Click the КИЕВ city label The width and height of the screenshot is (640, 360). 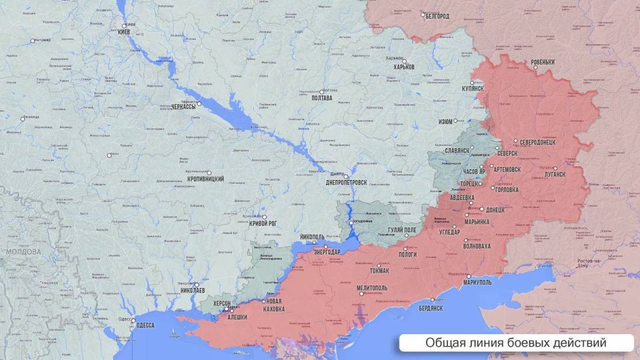[126, 33]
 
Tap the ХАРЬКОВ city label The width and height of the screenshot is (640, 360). [404, 67]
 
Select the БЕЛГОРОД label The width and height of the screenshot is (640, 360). [437, 16]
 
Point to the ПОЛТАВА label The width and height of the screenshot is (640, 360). [321, 98]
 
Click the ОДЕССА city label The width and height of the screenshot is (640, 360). [145, 325]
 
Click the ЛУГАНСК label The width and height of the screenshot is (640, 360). [554, 173]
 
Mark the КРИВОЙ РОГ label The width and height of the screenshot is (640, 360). [263, 224]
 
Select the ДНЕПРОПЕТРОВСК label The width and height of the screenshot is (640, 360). [347, 182]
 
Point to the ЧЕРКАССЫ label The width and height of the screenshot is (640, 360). [184, 107]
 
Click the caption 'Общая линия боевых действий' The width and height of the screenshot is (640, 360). [515, 343]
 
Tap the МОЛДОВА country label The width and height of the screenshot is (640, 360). [23, 253]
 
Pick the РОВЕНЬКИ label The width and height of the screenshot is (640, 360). [543, 63]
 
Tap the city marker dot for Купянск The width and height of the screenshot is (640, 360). [473, 83]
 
